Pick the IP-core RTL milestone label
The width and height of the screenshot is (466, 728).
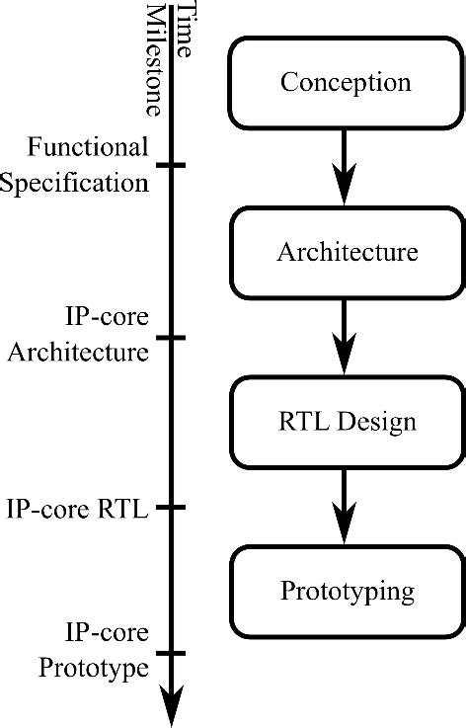pos(76,509)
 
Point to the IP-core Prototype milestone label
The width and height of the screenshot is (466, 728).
pos(94,650)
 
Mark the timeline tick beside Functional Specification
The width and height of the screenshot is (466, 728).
pos(173,165)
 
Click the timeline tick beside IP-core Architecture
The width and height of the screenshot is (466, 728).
pos(173,338)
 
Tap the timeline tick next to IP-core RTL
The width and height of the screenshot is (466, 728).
pos(173,508)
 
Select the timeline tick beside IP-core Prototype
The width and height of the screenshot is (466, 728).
pos(173,652)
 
